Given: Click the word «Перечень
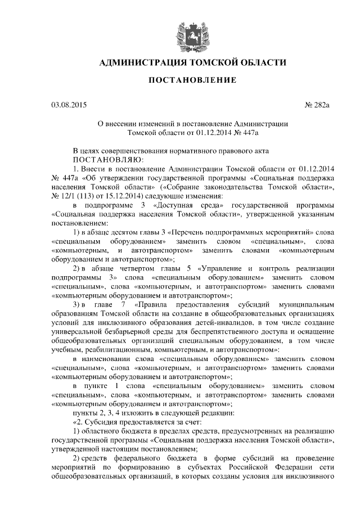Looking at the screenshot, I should click(189, 232).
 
